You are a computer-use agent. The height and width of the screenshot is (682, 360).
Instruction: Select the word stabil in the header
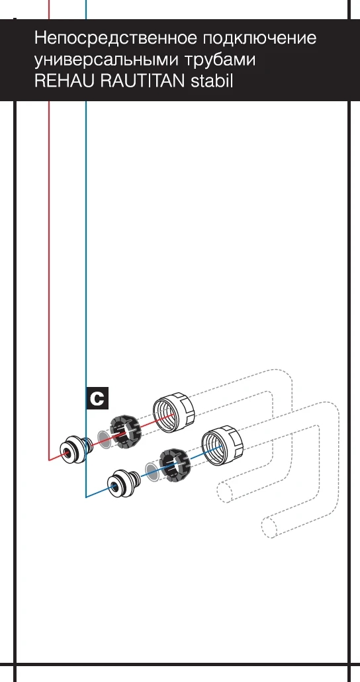tap(212, 81)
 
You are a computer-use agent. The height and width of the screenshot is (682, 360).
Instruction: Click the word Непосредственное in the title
tap(116, 38)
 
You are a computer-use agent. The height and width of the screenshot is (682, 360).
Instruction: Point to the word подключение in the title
tap(259, 39)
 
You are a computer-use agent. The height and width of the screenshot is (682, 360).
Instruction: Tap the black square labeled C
tap(97, 398)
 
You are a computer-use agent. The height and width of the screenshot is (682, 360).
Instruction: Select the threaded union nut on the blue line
tap(222, 447)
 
